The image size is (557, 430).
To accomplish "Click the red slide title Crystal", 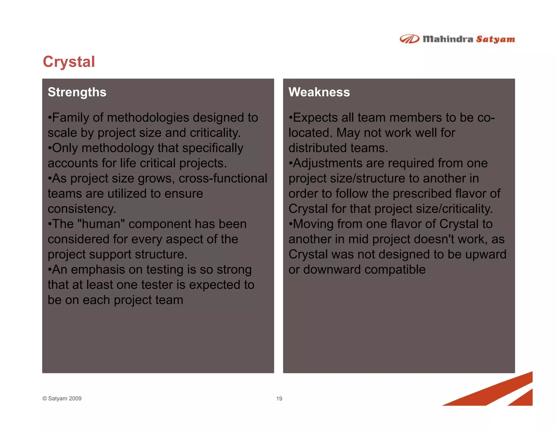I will click(x=69, y=62).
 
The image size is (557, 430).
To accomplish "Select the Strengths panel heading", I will click(x=77, y=92).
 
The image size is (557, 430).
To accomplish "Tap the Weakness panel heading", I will click(x=319, y=92).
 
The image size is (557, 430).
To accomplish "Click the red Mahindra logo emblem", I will click(x=409, y=39).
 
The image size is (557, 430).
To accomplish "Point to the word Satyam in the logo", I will click(x=495, y=39).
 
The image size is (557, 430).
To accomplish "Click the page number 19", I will click(x=279, y=398).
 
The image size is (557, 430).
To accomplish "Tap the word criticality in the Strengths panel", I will click(x=215, y=133).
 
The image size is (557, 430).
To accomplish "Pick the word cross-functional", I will click(x=223, y=179).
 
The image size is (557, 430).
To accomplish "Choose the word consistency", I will click(x=82, y=209).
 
